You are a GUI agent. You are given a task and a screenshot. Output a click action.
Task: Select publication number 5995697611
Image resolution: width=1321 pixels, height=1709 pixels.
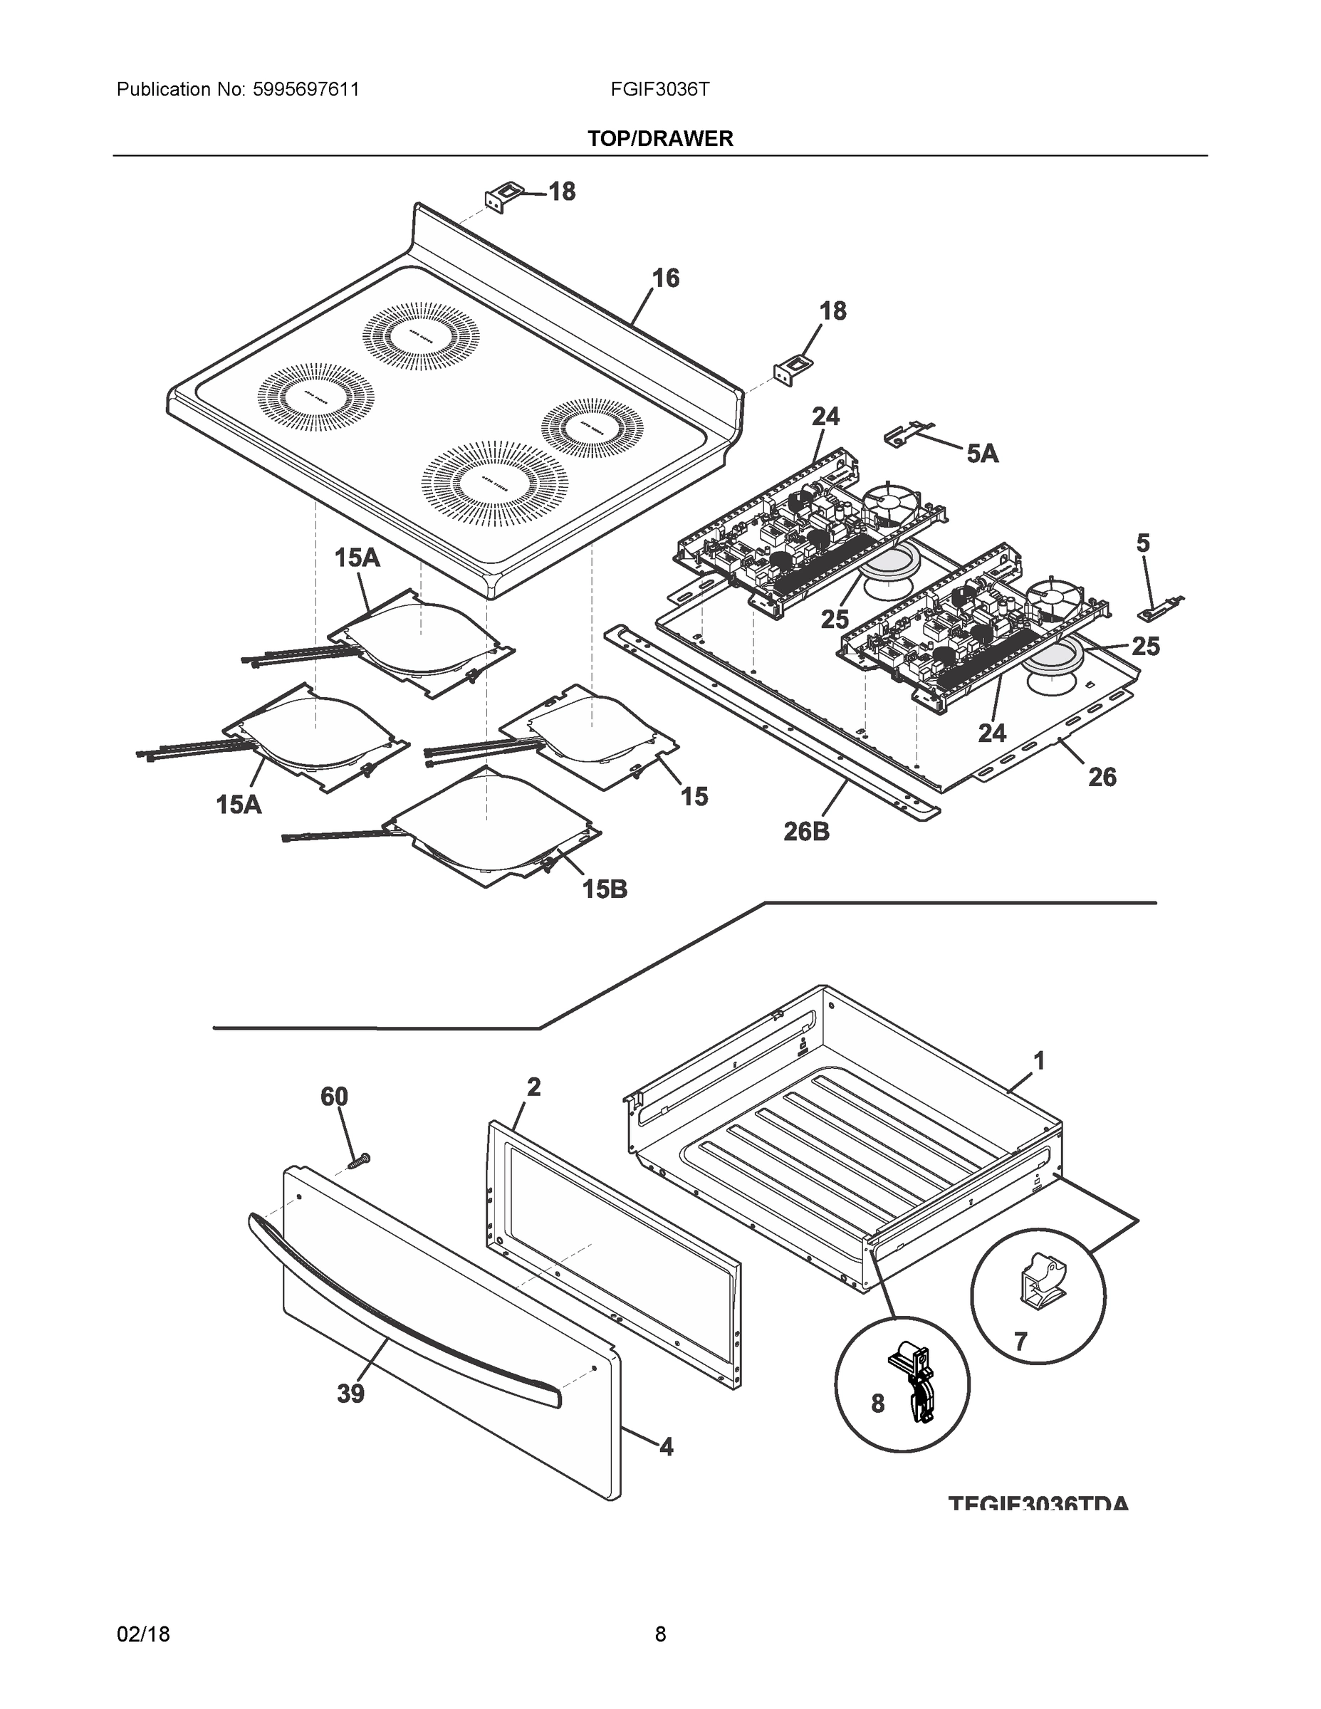[306, 89]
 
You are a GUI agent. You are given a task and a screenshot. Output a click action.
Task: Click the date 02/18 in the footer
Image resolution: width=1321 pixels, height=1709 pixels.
[143, 1634]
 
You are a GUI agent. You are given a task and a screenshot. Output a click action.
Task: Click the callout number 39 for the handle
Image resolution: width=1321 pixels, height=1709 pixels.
[350, 1393]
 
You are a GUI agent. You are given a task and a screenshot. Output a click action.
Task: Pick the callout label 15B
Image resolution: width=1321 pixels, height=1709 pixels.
[604, 889]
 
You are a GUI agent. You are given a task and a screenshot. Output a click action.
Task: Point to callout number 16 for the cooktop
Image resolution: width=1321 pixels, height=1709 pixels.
[665, 278]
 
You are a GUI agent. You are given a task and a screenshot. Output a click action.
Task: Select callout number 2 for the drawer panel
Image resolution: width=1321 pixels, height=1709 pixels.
[533, 1087]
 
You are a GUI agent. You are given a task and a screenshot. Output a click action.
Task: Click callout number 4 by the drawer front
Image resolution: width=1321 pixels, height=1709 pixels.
[665, 1447]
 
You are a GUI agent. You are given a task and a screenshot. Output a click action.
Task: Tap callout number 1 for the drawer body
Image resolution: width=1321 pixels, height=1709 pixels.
[1038, 1061]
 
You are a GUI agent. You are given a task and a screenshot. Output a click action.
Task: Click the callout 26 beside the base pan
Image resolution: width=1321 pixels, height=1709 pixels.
[1102, 777]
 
